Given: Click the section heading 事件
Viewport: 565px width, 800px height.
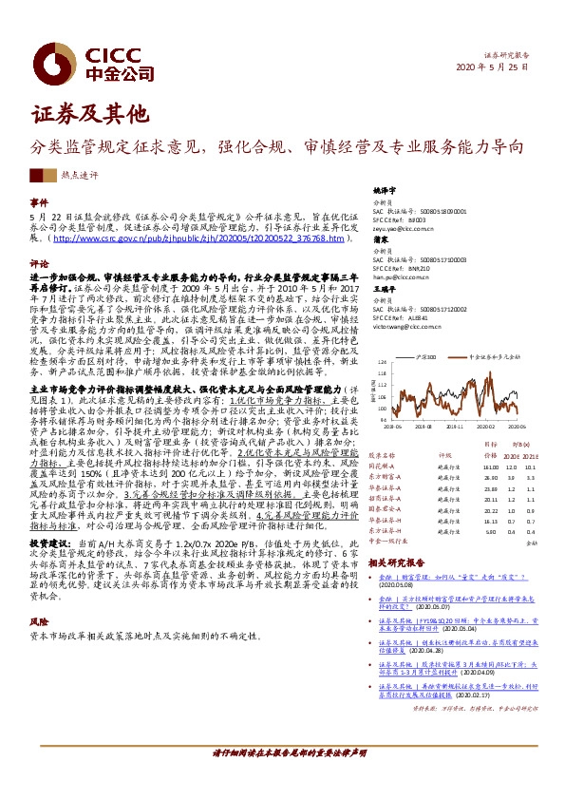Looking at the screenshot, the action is (x=39, y=203).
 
